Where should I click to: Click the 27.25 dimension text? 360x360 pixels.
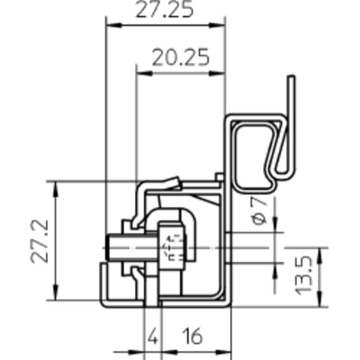tap(164, 9)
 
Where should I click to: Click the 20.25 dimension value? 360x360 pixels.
tap(181, 57)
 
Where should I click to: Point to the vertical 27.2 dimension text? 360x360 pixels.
tap(40, 241)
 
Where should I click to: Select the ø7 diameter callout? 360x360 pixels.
tap(260, 211)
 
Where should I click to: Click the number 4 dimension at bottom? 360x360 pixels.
tap(153, 336)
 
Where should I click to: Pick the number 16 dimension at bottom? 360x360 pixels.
tap(193, 336)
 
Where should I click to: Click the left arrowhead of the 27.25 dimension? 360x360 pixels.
tap(114, 25)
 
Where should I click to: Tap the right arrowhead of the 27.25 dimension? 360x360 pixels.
tap(217, 25)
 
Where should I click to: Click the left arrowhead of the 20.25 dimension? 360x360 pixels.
tap(144, 73)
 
